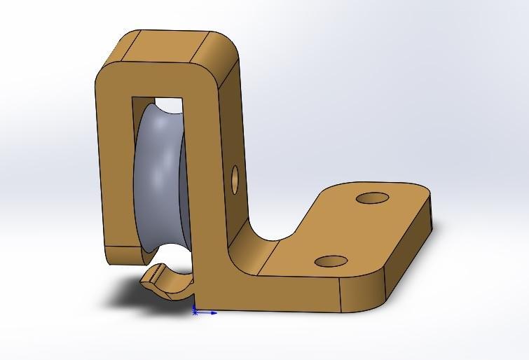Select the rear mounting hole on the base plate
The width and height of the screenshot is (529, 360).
(373, 198)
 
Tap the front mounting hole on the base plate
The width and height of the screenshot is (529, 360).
(331, 262)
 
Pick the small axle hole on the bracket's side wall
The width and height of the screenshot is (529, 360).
(234, 178)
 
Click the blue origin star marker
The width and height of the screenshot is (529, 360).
(195, 312)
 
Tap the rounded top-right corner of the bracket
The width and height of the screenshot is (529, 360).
(228, 60)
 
